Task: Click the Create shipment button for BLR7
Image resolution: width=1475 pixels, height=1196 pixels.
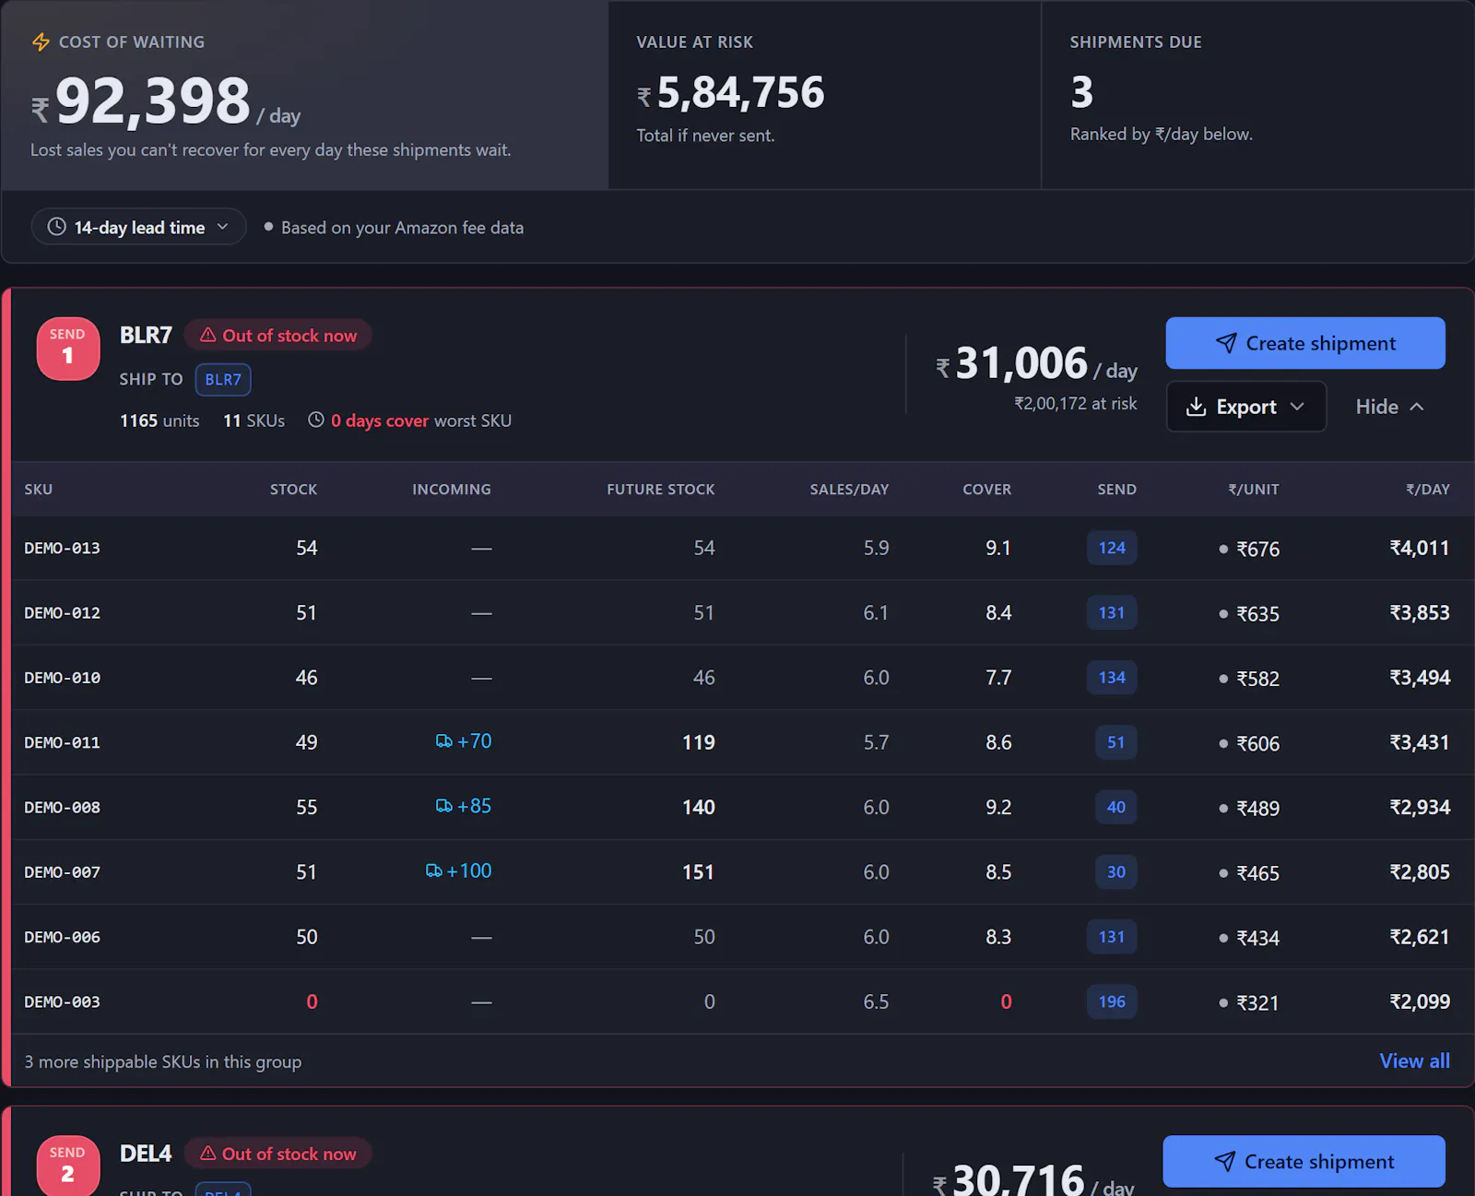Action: (x=1304, y=343)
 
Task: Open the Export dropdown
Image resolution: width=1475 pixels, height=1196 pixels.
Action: (x=1245, y=407)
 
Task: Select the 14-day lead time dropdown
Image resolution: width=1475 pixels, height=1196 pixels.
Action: (x=138, y=227)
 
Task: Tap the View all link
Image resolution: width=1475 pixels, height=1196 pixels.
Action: (x=1414, y=1060)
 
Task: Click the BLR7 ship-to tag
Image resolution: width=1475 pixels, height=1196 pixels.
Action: (x=223, y=380)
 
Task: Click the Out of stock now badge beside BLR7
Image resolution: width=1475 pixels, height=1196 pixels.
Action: (x=277, y=335)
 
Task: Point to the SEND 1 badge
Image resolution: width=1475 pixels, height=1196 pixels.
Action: (x=68, y=349)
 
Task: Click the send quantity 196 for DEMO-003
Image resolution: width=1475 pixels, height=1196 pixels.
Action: (x=1112, y=1001)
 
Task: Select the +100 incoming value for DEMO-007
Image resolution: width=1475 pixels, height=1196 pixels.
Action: (x=458, y=870)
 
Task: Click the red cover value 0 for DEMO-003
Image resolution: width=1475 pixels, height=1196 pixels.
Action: (x=1006, y=1001)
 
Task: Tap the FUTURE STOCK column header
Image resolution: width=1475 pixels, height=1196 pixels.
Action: (x=661, y=489)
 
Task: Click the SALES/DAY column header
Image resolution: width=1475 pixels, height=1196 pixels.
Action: (x=849, y=489)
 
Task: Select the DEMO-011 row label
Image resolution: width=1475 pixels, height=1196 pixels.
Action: (x=63, y=742)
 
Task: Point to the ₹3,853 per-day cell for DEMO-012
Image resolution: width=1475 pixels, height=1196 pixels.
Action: (x=1420, y=612)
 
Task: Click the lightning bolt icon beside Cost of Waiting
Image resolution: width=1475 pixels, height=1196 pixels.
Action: (x=41, y=41)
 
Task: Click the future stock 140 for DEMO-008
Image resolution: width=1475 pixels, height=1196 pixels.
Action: (x=698, y=807)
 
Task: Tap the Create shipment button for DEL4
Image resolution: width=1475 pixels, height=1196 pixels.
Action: (x=1304, y=1161)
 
